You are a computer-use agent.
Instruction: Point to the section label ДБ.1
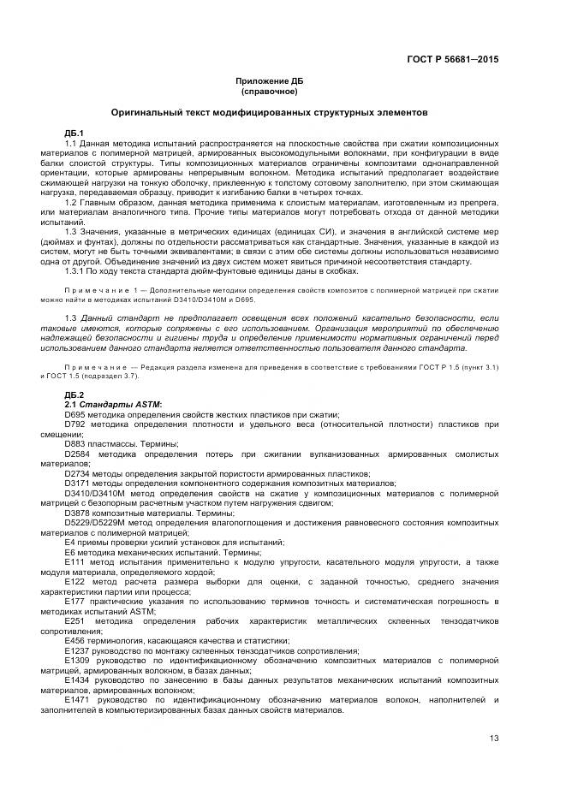74,133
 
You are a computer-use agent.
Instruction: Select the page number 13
494,739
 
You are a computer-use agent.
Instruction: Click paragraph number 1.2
72,199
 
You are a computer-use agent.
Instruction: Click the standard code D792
74,423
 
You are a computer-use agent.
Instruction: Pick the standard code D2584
77,454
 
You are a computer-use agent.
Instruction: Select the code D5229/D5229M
94,522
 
